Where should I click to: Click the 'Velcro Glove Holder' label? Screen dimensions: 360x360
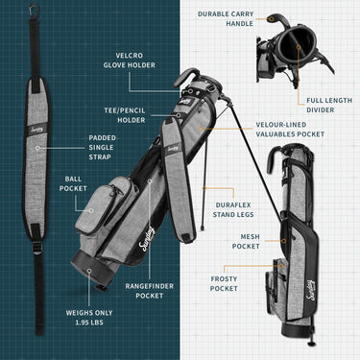point(129,60)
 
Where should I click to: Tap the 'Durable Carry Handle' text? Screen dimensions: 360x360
point(227,18)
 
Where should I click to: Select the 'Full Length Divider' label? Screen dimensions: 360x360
point(328,104)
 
